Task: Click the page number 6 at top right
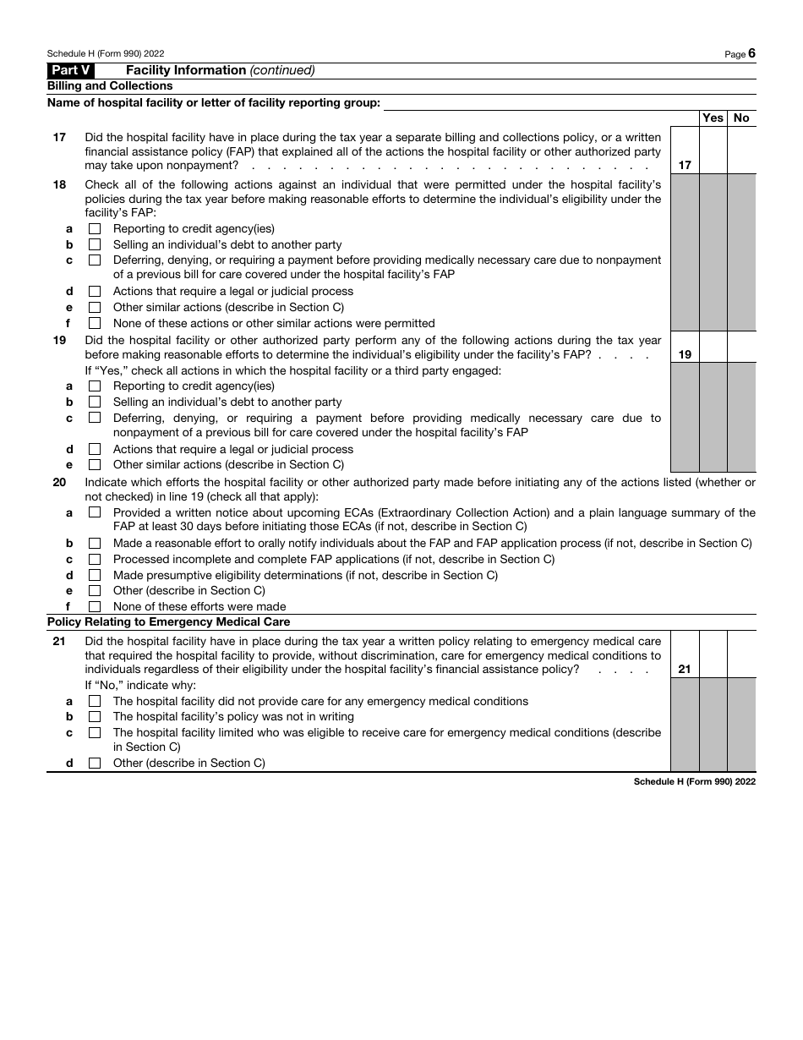(x=751, y=53)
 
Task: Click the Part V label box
(x=71, y=70)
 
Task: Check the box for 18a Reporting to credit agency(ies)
(x=95, y=229)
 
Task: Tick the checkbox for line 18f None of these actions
(x=95, y=323)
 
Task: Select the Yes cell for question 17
(x=713, y=151)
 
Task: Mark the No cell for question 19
(x=741, y=347)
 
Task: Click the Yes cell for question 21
(x=713, y=654)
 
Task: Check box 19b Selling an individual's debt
(x=95, y=402)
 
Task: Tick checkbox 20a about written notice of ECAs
(x=95, y=512)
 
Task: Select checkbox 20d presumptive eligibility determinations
(x=95, y=575)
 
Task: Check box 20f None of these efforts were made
(x=95, y=606)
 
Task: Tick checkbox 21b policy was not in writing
(x=95, y=717)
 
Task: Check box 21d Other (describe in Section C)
(x=95, y=763)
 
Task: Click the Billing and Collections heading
(x=110, y=86)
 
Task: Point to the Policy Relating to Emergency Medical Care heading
(x=168, y=621)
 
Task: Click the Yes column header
(x=713, y=118)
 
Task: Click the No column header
(x=741, y=118)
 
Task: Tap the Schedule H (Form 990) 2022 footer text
(x=694, y=782)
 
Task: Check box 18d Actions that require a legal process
(x=95, y=292)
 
